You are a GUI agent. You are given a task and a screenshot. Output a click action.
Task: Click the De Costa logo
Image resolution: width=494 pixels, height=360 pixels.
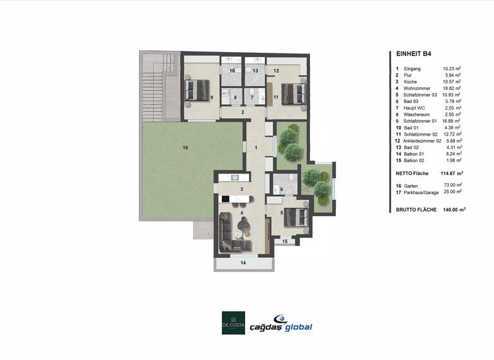pos(233,323)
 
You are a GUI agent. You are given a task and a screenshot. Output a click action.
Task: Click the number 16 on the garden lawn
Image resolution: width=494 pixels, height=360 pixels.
pos(185,148)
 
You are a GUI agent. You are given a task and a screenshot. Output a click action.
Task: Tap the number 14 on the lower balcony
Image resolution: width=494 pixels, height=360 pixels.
pos(242,263)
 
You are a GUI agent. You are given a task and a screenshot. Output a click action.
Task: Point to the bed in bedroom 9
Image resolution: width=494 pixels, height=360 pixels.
pos(195,90)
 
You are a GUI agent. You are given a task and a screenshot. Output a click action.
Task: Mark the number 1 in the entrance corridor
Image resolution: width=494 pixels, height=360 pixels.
pos(255,148)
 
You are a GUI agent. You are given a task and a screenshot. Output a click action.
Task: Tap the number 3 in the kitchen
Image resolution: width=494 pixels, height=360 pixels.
pos(241,189)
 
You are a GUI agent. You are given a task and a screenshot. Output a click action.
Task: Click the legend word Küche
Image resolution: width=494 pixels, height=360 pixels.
pos(411,82)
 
